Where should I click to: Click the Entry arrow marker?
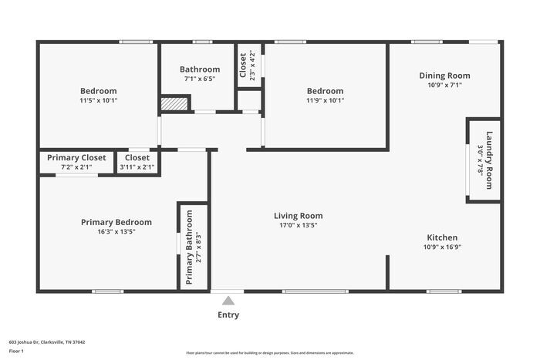(228, 301)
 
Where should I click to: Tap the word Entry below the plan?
(228, 315)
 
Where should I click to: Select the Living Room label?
(299, 216)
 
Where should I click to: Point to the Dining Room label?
(444, 76)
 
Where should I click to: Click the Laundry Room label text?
(488, 160)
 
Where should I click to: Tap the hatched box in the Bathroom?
(174, 104)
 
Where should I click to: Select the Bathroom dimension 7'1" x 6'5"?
(200, 79)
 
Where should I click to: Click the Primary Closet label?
(76, 157)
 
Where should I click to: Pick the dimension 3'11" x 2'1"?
(137, 167)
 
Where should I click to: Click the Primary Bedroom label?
(116, 222)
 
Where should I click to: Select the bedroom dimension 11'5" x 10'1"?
(98, 100)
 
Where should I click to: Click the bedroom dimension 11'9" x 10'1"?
(326, 99)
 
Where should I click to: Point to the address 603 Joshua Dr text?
(47, 341)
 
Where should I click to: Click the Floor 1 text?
(17, 351)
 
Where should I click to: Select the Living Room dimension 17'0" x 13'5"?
(299, 226)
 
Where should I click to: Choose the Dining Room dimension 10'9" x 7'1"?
(444, 86)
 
